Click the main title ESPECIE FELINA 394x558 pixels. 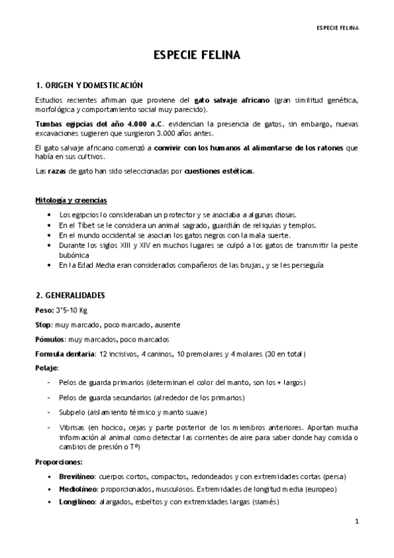tap(197, 56)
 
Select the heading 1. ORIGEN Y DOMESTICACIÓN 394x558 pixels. tap(89, 86)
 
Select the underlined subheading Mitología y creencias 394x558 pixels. tap(70, 199)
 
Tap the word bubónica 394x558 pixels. tap(73, 255)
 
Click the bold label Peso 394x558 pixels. tap(43, 311)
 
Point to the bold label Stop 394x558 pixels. tap(43, 325)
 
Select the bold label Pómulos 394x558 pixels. tap(49, 340)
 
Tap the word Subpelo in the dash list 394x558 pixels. tap(72, 412)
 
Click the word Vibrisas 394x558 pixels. tap(72, 426)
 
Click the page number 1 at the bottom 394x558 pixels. tap(356, 522)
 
